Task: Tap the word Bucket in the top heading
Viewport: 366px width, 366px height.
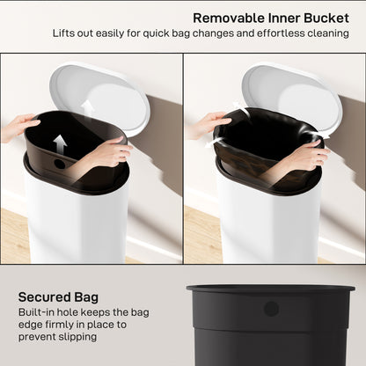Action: (327, 17)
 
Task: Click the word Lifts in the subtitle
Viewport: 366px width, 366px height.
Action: (66, 33)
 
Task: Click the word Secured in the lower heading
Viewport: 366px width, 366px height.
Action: (45, 296)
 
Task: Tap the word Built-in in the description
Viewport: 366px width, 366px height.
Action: (39, 311)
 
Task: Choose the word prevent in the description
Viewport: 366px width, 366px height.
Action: (41, 340)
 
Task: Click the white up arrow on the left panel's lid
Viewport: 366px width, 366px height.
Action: (87, 108)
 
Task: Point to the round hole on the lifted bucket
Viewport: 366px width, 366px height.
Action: (60, 164)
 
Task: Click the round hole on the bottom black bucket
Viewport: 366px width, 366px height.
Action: (271, 309)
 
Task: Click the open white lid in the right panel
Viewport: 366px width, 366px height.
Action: (290, 91)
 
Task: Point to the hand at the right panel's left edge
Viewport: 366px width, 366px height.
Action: (201, 124)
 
